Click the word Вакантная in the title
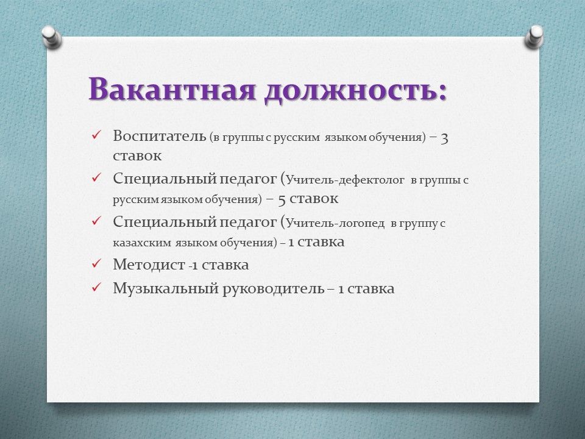pos(172,90)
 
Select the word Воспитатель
pos(159,136)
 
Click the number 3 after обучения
pos(444,138)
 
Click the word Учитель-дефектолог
pos(345,180)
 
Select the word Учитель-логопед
pos(335,223)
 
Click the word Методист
pos(149,265)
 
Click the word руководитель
pos(273,289)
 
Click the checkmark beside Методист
pos(96,263)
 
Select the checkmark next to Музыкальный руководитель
pos(96,287)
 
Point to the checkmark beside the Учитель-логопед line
pos(96,221)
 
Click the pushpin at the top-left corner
pos(51,37)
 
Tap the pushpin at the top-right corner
pos(534,37)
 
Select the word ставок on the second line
pos(137,155)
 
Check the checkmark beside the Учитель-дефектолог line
pos(96,177)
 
